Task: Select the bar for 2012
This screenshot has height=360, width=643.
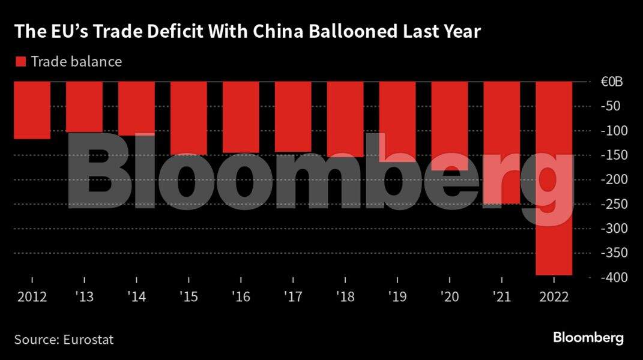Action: (32, 110)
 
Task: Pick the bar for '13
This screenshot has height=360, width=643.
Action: (84, 107)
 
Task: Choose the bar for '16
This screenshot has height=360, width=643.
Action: (241, 117)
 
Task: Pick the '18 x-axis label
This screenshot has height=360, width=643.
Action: (345, 296)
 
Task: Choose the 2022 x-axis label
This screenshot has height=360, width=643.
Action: (554, 296)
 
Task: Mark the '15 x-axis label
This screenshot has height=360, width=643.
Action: (189, 296)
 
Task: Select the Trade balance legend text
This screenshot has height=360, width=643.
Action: (76, 62)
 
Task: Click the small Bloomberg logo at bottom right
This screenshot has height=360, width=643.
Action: (588, 338)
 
